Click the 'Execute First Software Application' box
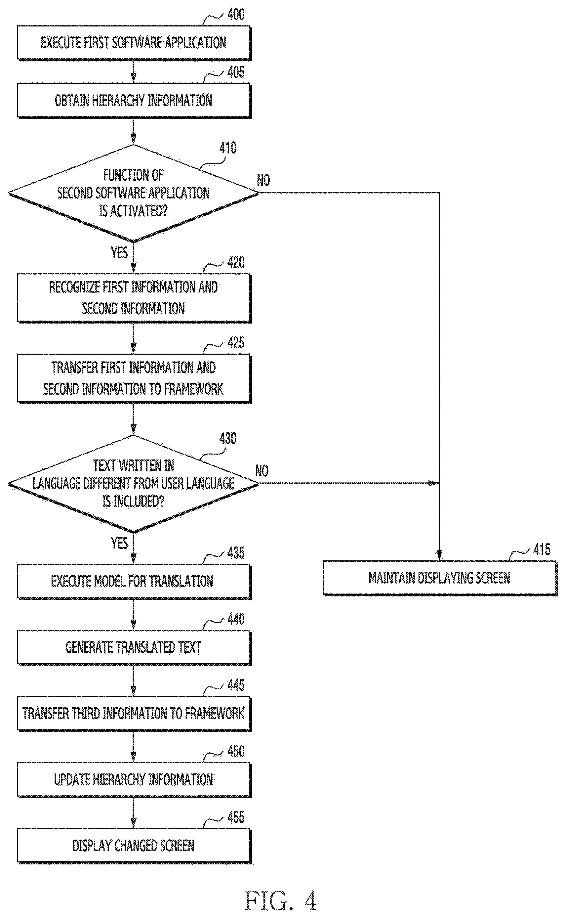tap(134, 43)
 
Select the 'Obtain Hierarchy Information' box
tap(134, 101)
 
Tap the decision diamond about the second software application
tap(134, 193)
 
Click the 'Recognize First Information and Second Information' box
tap(134, 298)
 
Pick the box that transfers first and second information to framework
tap(134, 378)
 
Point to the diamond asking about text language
tap(134, 484)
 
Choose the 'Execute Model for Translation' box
tap(134, 582)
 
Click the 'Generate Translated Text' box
tap(134, 647)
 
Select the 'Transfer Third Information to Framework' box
tap(134, 714)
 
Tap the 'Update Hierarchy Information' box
tap(134, 780)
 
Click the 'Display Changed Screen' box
tap(134, 846)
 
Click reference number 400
tap(236, 15)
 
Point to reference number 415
tap(542, 549)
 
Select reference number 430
tap(228, 438)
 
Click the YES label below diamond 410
tap(119, 253)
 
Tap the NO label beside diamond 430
tap(262, 471)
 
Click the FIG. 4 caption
tap(281, 901)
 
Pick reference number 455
tap(236, 817)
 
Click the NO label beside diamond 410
tap(263, 180)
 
